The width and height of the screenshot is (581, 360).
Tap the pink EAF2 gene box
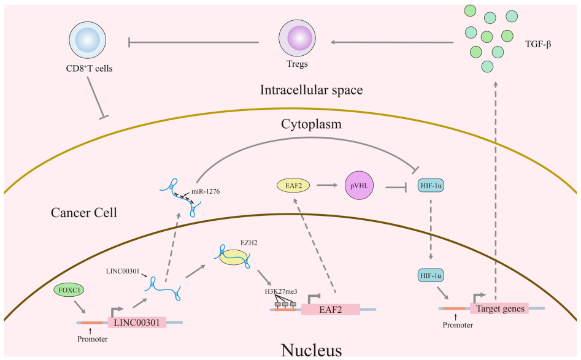329,309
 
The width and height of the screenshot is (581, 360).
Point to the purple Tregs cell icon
298,39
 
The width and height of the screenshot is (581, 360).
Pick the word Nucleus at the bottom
311,350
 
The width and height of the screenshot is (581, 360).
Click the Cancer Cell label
84,213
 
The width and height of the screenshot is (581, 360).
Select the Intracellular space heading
311,90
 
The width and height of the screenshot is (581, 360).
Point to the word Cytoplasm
311,124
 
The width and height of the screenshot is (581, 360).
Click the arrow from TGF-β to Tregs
393,42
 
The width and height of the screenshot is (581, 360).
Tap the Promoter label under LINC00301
91,339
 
